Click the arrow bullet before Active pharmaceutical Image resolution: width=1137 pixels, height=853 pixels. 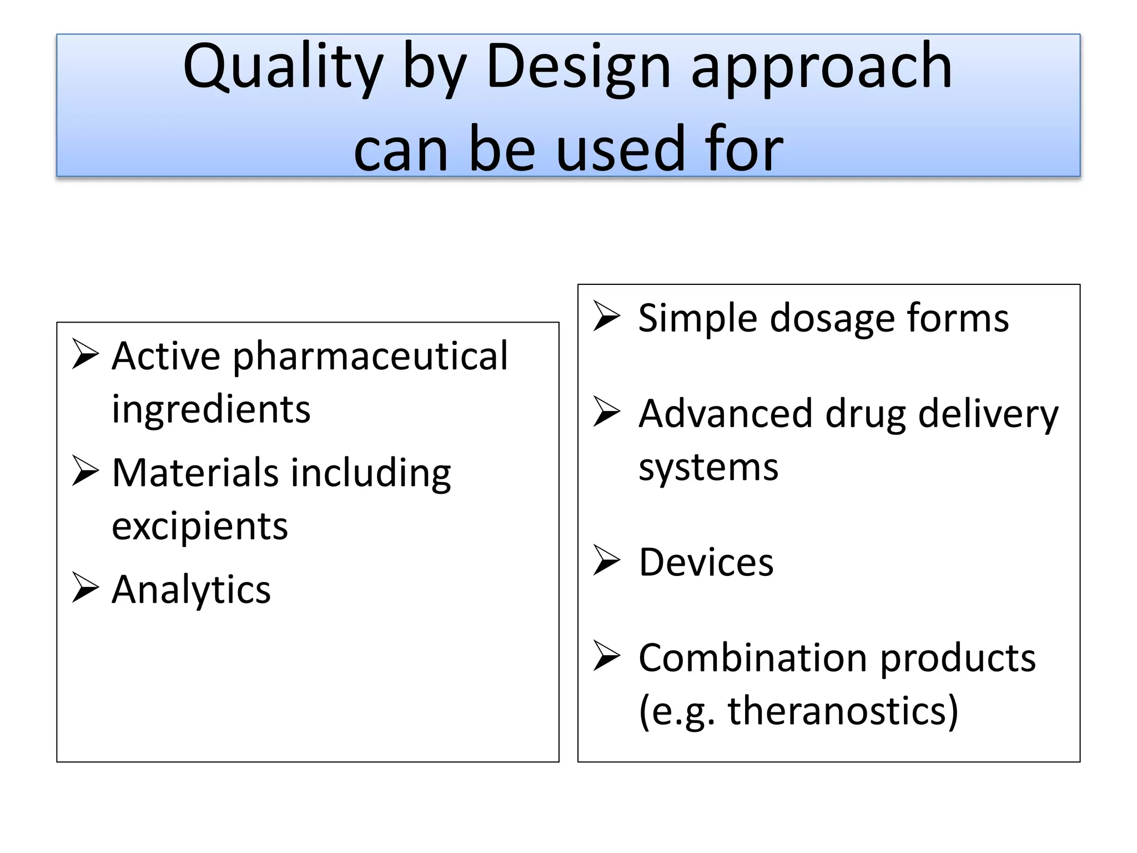pos(85,356)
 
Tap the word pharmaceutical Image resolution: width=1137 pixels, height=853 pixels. pos(370,356)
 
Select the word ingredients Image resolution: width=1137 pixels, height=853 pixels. pos(211,409)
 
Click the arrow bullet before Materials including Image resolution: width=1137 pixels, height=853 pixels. pos(85,473)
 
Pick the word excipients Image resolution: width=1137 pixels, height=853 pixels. pos(200,526)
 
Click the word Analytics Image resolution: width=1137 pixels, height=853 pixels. pos(191,589)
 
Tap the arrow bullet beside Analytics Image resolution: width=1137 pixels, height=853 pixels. pos(85,589)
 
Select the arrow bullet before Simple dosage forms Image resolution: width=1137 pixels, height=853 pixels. pos(606,317)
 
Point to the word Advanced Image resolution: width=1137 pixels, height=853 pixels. pos(726,414)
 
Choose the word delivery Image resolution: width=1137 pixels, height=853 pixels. pos(988,415)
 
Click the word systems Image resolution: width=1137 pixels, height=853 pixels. pos(708,467)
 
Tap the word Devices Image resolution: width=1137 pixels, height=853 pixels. pos(706,563)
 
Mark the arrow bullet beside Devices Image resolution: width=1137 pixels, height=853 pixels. pos(606,561)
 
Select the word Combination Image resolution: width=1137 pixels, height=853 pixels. pos(753,658)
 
